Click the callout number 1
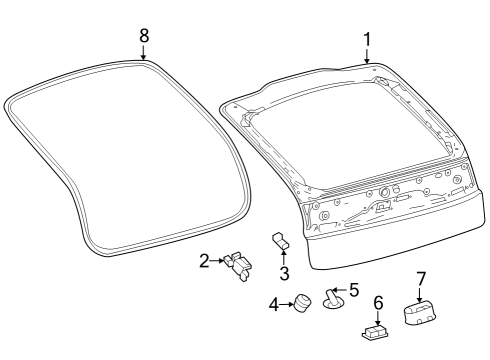tap(367, 39)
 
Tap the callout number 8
tap(144, 35)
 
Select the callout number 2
tap(204, 261)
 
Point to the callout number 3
tap(284, 272)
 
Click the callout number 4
tap(274, 303)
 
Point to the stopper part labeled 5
tap(335, 297)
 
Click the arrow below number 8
tap(144, 53)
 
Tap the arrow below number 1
tap(367, 57)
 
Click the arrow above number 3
tap(284, 256)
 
